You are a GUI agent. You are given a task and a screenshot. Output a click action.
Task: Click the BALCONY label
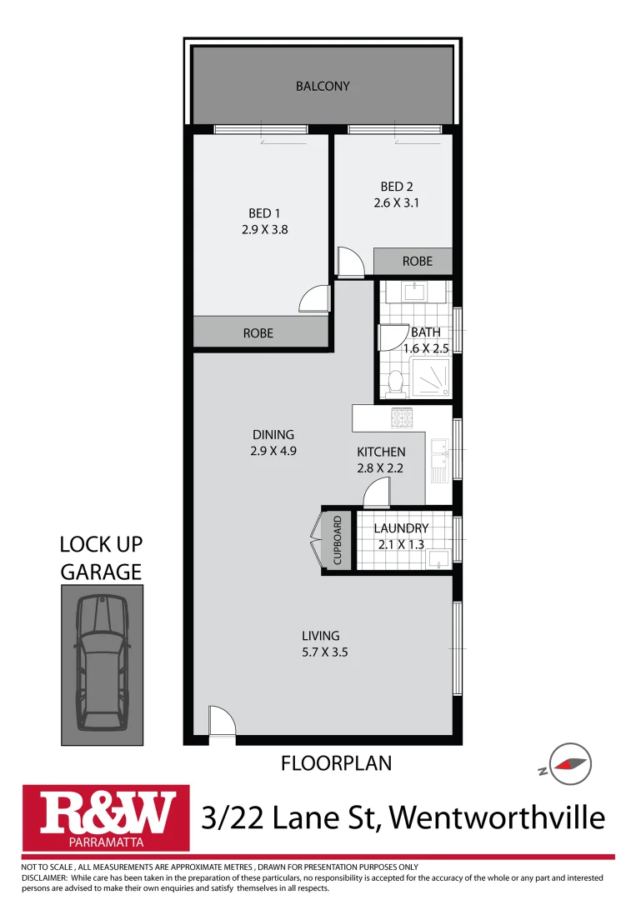[x=323, y=86]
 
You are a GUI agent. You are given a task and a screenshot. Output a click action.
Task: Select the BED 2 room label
[x=397, y=187]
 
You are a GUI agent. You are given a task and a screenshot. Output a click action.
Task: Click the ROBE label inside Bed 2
[x=418, y=261]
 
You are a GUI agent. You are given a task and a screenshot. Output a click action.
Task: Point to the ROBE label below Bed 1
[x=258, y=332]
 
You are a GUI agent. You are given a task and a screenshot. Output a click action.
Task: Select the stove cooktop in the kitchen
[x=403, y=416]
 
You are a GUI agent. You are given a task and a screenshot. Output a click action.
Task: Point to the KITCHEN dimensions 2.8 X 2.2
[x=380, y=467]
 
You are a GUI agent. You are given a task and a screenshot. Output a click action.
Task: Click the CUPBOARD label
[x=338, y=541]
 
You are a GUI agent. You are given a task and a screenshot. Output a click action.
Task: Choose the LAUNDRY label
[x=401, y=528]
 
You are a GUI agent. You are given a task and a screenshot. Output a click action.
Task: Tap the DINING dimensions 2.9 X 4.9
[x=273, y=450]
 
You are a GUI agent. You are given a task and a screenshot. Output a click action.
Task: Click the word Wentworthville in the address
[x=497, y=817]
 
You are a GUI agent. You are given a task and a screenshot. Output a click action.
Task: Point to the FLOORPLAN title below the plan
[x=336, y=762]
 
